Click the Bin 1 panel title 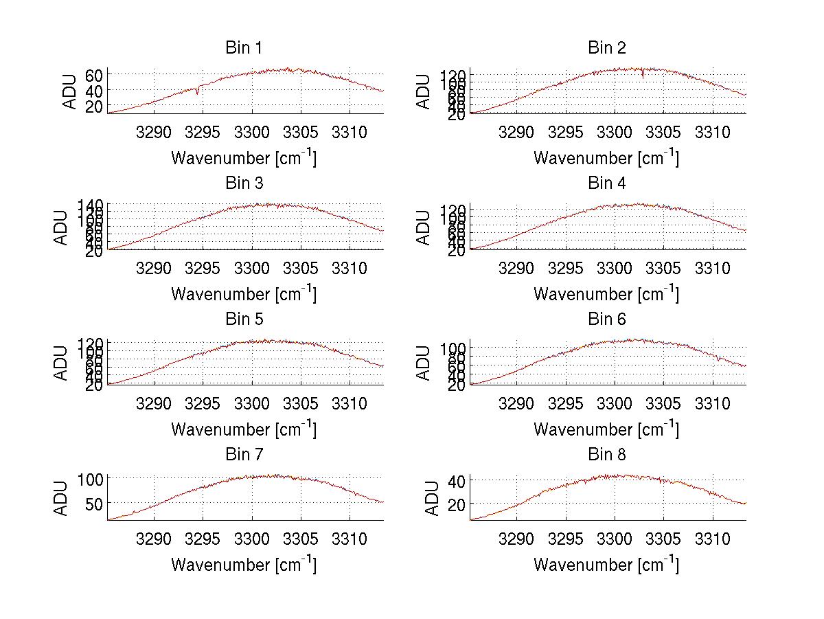coord(244,48)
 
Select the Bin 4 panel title coord(607,183)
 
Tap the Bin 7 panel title coord(244,455)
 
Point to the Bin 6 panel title coord(607,319)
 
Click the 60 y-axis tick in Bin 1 coord(94,74)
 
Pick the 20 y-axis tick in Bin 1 coord(94,106)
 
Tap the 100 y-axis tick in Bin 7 coord(91,478)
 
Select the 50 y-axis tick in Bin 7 coord(94,503)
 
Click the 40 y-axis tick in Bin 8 coord(457,480)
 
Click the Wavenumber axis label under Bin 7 coord(244,565)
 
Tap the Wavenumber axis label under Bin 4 coord(606,294)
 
